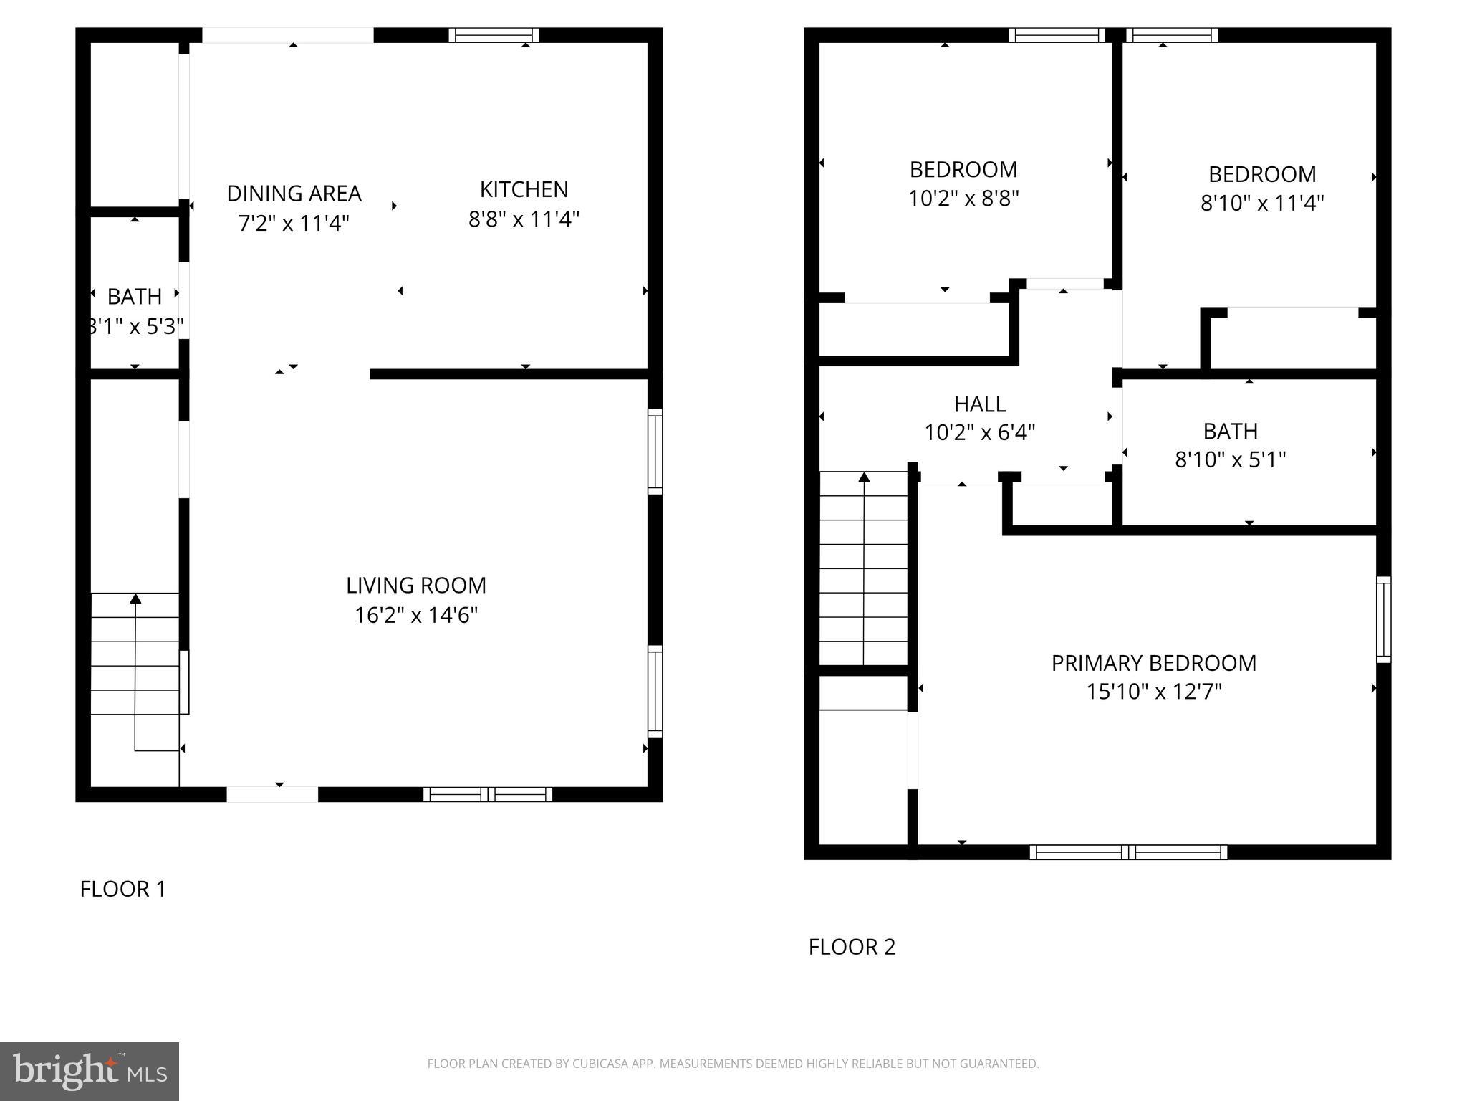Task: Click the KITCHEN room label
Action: pos(524,190)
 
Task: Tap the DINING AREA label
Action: pos(294,194)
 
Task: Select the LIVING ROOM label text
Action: pos(416,586)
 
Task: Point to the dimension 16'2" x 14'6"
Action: pos(416,615)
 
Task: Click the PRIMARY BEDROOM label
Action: pos(1153,663)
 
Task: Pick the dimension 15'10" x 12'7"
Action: pos(1153,692)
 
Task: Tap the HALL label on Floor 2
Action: pos(979,404)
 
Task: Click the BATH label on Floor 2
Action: pos(1230,431)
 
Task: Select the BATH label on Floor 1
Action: pos(134,296)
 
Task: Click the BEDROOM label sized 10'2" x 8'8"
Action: pos(963,170)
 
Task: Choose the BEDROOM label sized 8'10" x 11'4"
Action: pos(1261,174)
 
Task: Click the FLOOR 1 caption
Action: pos(122,889)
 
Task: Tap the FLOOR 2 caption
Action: pos(852,947)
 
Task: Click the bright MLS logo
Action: pos(90,1071)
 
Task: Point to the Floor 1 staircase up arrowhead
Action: pos(135,599)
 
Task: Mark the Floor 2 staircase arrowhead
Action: pos(864,477)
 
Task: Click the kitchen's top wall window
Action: pos(494,35)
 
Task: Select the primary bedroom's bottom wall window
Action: pos(1128,852)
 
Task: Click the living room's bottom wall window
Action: pos(488,794)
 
